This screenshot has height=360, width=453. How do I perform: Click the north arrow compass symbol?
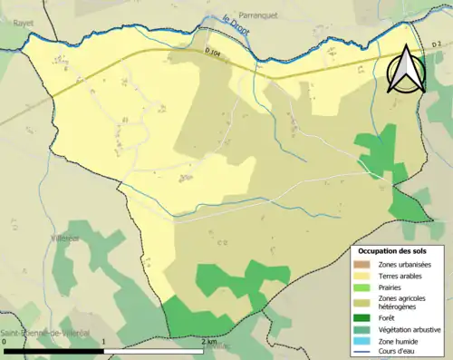click(x=407, y=68)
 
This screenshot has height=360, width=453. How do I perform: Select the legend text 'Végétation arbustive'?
click(x=410, y=328)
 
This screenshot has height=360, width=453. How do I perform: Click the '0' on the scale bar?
click(x=5, y=342)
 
